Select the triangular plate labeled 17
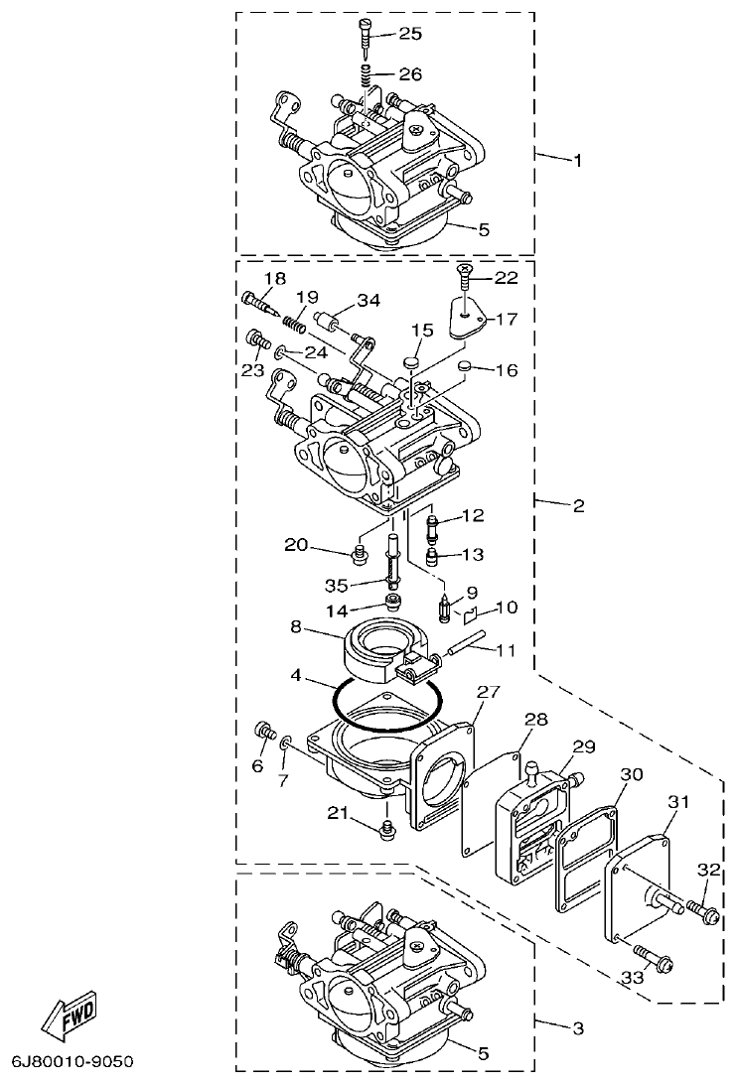pyautogui.click(x=464, y=317)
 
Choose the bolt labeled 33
pyautogui.click(x=654, y=959)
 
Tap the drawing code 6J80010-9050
pyautogui.click(x=73, y=1061)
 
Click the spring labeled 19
pyautogui.click(x=292, y=321)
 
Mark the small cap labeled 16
pyautogui.click(x=464, y=369)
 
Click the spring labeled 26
pyautogui.click(x=366, y=74)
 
